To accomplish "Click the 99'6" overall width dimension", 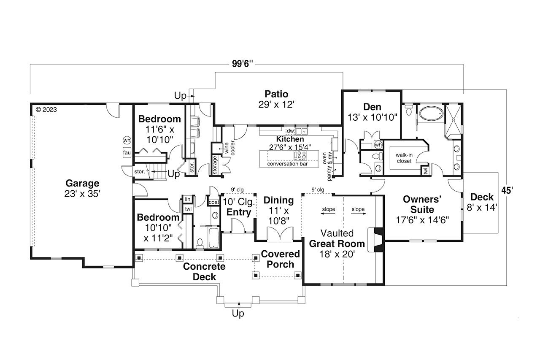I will tap(242, 64).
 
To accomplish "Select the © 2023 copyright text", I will tap(46, 110).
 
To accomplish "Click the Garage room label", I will tap(82, 188).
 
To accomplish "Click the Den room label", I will tap(373, 112).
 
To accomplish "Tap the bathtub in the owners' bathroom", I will tap(430, 114).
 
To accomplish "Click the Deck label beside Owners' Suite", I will tap(481, 202).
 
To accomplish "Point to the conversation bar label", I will tap(287, 164).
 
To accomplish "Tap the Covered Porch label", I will tap(280, 259).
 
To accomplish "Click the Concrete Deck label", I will tap(204, 272).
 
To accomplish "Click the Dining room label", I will tap(278, 207).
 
